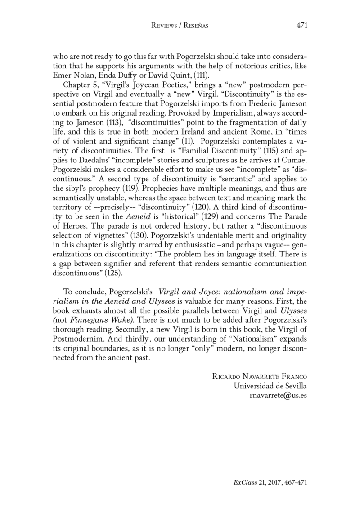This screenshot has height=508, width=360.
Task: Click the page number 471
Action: pos(301,26)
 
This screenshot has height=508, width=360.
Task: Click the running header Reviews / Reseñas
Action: pos(180,26)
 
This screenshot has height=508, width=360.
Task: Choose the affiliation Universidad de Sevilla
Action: pos(270,387)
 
